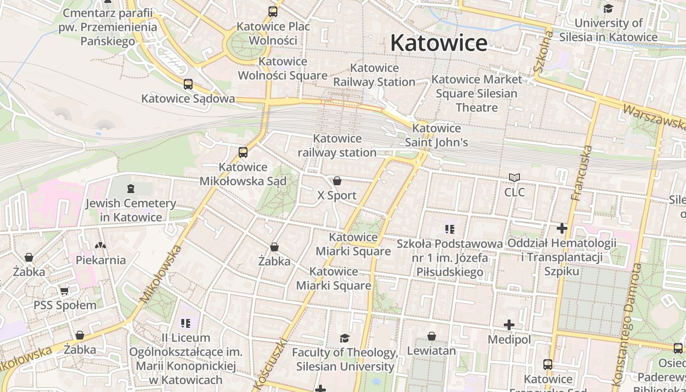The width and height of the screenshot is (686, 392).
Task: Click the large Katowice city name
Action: (x=439, y=43)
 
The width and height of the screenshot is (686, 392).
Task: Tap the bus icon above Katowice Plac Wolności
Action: (x=273, y=12)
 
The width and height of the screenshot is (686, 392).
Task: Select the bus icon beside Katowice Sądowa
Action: (x=188, y=84)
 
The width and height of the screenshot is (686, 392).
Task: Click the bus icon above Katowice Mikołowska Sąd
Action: (x=243, y=152)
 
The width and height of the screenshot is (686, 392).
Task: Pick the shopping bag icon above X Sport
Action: (x=337, y=181)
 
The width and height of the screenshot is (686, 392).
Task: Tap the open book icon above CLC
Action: (x=514, y=177)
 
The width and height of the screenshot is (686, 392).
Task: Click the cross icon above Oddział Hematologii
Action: (x=562, y=228)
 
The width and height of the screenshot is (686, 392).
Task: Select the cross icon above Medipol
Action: (x=509, y=325)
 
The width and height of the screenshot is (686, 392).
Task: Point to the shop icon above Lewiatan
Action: (x=432, y=336)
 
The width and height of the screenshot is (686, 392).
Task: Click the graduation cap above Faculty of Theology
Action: (x=344, y=338)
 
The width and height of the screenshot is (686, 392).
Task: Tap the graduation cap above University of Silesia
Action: (x=608, y=8)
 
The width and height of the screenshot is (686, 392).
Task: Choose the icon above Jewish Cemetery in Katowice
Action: (x=130, y=188)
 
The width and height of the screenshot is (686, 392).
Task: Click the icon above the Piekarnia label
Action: (x=100, y=245)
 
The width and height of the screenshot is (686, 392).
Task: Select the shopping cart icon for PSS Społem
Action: (x=64, y=291)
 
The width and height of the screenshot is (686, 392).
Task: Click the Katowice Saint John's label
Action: (x=436, y=135)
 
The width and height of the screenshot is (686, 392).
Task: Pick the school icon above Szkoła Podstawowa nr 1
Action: (x=449, y=229)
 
